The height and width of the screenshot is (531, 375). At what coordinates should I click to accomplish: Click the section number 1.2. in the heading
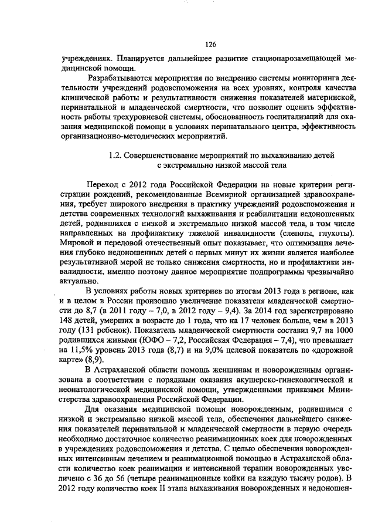click(117, 155)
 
